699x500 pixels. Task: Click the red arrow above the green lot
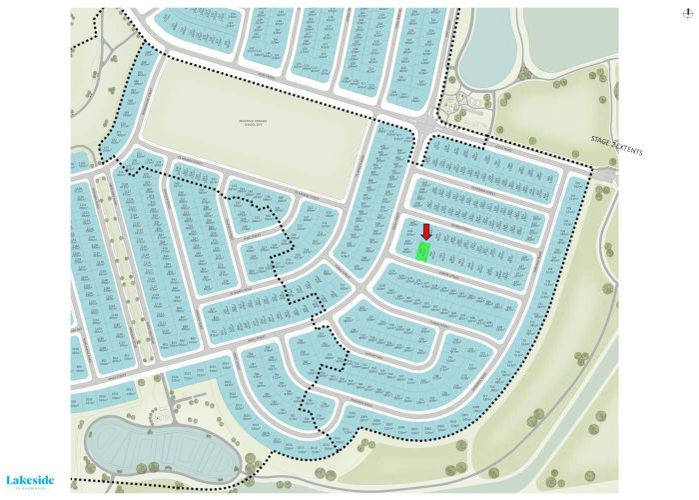pyautogui.click(x=425, y=232)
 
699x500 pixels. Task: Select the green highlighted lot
pyautogui.click(x=423, y=252)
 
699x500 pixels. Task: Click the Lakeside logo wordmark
pyautogui.click(x=29, y=479)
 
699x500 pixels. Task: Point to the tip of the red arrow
pyautogui.click(x=425, y=239)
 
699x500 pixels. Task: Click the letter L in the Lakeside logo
pyautogui.click(x=10, y=479)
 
